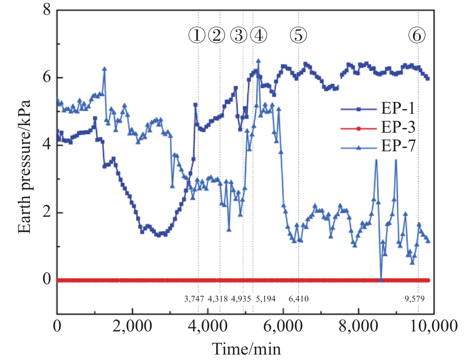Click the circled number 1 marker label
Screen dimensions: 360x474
tap(197, 35)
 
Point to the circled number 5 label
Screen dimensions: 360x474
tap(298, 35)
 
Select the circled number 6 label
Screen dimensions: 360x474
tap(417, 35)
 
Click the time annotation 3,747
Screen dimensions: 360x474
tap(194, 299)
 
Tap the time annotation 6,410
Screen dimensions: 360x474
tap(299, 299)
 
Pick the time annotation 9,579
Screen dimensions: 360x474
tap(414, 299)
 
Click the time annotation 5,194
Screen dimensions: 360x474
tap(266, 299)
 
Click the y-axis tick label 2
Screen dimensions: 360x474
tap(47, 212)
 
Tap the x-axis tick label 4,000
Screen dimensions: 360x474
tap(208, 326)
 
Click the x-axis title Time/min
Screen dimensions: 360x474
tap(246, 349)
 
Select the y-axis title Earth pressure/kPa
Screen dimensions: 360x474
tap(24, 167)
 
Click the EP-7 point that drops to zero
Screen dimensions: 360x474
tap(381, 280)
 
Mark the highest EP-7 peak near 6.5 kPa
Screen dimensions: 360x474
tap(258, 61)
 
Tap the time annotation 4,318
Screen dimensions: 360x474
tap(218, 299)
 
